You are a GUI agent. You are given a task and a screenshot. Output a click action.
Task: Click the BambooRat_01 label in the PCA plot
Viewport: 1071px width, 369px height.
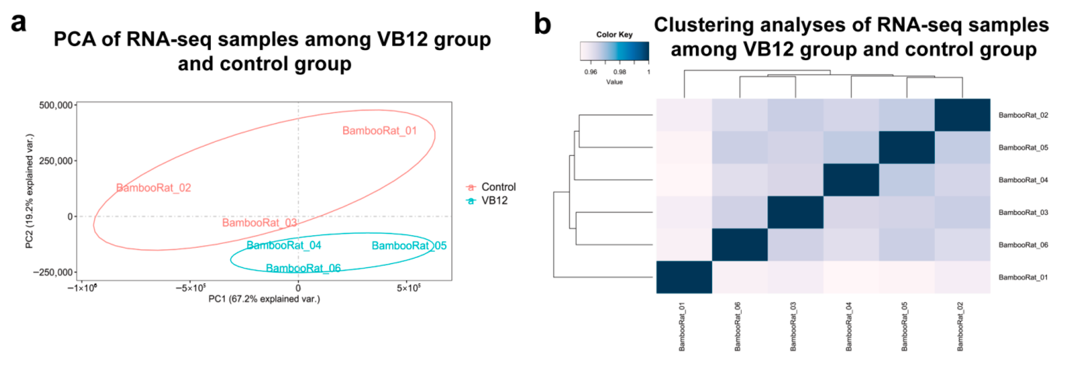(379, 131)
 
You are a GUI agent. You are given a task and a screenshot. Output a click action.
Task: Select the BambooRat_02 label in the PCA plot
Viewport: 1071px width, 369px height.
(154, 188)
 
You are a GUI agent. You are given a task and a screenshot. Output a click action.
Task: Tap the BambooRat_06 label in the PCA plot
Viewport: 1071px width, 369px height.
(303, 268)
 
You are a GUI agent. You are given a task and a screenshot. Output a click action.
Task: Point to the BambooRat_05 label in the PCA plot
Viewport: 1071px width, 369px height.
(409, 246)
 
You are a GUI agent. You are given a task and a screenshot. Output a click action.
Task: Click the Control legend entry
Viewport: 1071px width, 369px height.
(498, 187)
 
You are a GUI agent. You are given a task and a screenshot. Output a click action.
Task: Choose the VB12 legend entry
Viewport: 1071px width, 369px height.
(494, 201)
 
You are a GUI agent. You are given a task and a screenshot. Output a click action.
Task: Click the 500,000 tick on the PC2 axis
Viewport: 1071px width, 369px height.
(56, 106)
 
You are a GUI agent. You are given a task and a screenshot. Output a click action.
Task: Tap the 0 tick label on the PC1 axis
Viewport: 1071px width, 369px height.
(298, 287)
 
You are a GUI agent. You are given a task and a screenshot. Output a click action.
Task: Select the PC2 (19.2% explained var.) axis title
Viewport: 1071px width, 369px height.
(29, 191)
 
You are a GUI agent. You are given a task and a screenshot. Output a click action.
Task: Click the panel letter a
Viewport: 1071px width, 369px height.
(18, 23)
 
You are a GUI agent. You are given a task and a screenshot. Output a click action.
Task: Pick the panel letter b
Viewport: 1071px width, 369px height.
(542, 24)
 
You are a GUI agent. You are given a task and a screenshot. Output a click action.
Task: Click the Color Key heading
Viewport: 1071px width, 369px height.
(614, 35)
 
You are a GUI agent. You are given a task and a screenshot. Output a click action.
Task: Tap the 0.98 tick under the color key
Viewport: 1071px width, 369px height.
(620, 72)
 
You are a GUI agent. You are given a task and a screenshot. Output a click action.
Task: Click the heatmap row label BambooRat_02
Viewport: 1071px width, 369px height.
(1023, 116)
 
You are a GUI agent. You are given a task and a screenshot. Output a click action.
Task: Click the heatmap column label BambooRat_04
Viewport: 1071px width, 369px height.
(849, 326)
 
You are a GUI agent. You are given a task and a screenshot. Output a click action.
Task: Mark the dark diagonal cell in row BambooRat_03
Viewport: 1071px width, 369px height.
(795, 212)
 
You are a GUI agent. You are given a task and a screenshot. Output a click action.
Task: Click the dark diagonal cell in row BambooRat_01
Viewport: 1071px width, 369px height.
(684, 277)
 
